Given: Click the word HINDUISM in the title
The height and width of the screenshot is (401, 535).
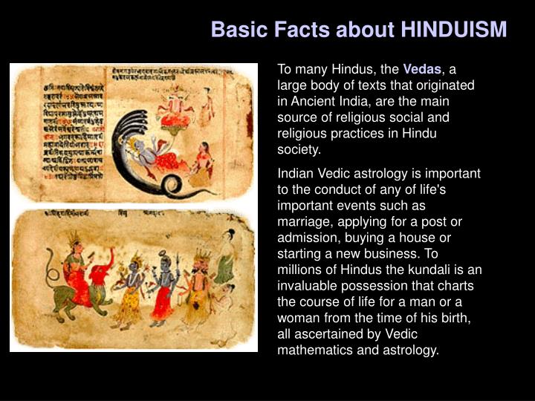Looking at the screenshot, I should pos(453,30).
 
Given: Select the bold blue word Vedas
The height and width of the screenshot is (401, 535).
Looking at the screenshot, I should pos(422,69).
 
